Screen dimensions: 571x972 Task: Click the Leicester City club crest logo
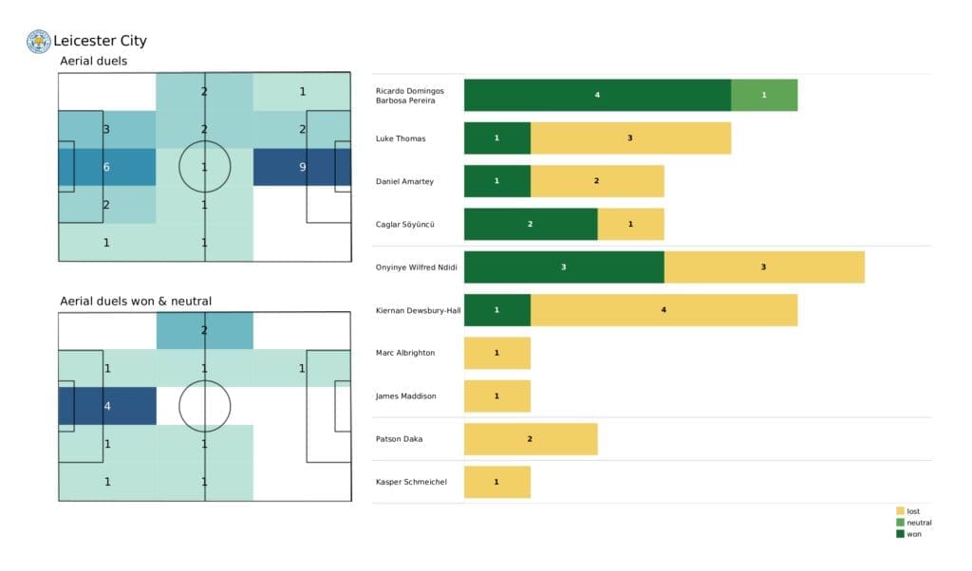point(38,41)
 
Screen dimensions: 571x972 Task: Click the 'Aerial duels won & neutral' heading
point(135,301)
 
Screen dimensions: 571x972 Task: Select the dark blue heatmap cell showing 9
point(302,167)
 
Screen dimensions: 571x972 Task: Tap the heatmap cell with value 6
point(106,167)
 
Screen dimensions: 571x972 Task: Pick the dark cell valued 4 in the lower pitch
point(106,406)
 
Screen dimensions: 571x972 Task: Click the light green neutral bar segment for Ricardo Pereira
point(763,95)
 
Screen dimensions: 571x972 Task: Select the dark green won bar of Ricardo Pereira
point(597,95)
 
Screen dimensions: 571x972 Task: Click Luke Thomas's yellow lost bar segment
point(630,138)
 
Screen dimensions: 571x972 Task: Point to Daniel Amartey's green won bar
point(496,181)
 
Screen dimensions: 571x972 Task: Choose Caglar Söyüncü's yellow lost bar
point(630,224)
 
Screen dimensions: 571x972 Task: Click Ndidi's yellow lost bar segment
point(763,267)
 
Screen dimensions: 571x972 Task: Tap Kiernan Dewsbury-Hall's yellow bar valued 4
point(664,310)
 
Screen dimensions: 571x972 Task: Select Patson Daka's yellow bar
point(530,439)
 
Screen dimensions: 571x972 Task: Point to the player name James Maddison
point(405,396)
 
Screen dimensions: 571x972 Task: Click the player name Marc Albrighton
point(405,353)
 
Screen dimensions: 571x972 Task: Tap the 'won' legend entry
point(908,534)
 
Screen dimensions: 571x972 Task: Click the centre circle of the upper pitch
point(204,167)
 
